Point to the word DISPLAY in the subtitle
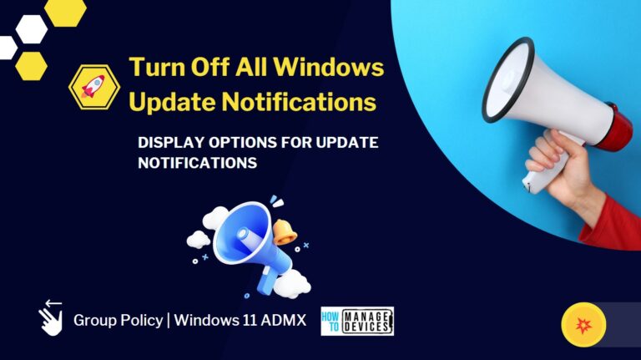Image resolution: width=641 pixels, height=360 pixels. (x=169, y=143)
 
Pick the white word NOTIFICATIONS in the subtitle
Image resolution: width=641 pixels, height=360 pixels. (x=197, y=164)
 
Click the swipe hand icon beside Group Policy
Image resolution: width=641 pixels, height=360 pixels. (x=51, y=317)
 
